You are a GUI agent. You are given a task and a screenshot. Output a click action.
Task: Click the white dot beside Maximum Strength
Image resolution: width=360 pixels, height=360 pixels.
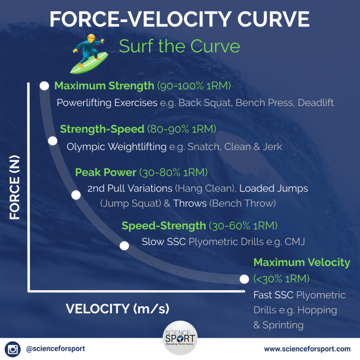pyautogui.click(x=44, y=86)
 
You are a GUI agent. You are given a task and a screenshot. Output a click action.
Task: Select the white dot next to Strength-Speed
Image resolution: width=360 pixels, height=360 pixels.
pyautogui.click(x=53, y=141)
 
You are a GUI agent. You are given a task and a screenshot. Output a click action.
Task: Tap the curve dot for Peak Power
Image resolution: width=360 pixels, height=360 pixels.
pyautogui.click(x=76, y=195)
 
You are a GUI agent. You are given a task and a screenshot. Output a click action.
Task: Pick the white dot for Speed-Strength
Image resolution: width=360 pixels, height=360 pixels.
pyautogui.click(x=124, y=246)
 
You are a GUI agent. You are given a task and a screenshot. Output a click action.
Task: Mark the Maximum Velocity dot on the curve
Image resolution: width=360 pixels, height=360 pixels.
pyautogui.click(x=244, y=279)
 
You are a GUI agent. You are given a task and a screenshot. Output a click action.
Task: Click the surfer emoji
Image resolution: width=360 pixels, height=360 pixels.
pyautogui.click(x=90, y=54)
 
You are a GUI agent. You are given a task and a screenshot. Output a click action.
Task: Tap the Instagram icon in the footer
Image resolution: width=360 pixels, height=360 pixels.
pyautogui.click(x=12, y=349)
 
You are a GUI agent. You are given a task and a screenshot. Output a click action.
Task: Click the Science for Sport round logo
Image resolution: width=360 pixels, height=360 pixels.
pyautogui.click(x=180, y=338)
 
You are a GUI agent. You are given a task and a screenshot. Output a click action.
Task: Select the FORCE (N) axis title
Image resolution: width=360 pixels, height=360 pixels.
pyautogui.click(x=15, y=187)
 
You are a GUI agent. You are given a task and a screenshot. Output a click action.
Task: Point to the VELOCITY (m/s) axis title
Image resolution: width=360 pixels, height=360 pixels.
pyautogui.click(x=117, y=309)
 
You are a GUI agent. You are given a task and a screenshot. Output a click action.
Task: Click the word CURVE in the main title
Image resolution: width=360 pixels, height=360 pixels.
pyautogui.click(x=273, y=19)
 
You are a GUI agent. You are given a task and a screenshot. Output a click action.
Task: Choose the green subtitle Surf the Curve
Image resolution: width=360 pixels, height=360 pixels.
pyautogui.click(x=179, y=46)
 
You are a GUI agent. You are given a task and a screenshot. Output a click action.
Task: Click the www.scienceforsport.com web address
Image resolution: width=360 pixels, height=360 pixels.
pyautogui.click(x=307, y=349)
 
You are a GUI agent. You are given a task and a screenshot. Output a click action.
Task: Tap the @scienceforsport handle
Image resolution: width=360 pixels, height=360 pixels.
pyautogui.click(x=56, y=349)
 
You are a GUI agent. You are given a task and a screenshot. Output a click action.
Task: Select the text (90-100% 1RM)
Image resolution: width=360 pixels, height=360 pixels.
pyautogui.click(x=194, y=86)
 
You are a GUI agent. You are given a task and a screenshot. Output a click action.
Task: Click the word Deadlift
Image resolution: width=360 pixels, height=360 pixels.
pyautogui.click(x=316, y=102)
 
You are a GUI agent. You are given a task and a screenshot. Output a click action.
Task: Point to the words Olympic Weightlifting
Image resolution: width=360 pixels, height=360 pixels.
pyautogui.click(x=116, y=147)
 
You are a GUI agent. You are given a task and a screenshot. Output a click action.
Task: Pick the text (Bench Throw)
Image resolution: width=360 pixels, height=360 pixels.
pyautogui.click(x=242, y=203)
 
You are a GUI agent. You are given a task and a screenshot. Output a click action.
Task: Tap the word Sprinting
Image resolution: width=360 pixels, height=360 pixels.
pyautogui.click(x=283, y=325)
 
